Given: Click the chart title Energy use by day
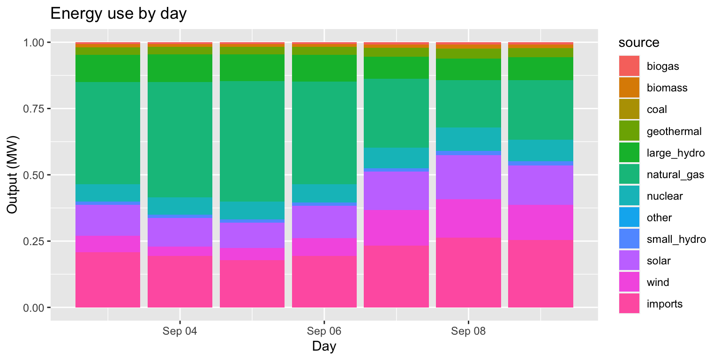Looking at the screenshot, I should click(x=118, y=14).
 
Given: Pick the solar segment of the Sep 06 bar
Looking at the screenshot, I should click(x=324, y=222).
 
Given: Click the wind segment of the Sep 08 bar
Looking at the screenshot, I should click(x=468, y=218).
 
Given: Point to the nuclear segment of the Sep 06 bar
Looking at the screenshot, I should click(x=324, y=193).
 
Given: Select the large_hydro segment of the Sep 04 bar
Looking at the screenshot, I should click(x=180, y=68).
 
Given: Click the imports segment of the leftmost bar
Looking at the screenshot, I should click(x=108, y=279).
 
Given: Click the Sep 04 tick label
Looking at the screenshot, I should click(x=180, y=332).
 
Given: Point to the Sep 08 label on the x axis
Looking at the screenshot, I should click(x=468, y=332).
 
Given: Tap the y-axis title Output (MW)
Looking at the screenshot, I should click(x=12, y=175).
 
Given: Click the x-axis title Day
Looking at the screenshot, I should click(x=324, y=347).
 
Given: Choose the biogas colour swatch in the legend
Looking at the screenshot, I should click(x=629, y=66).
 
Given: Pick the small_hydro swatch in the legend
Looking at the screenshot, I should click(x=629, y=240).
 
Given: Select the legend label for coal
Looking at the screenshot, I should click(x=657, y=110).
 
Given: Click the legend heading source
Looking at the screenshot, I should click(x=639, y=43).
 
